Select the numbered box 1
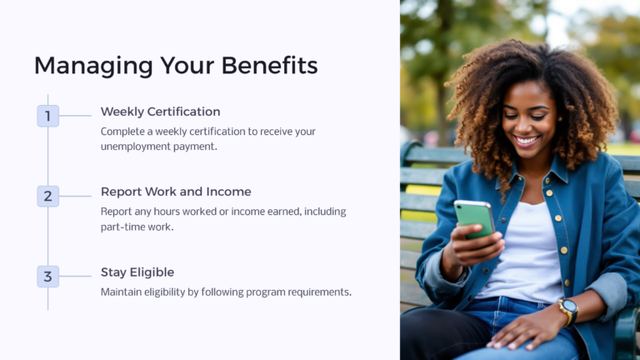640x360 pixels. [x=47, y=116]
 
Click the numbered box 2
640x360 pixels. [x=47, y=196]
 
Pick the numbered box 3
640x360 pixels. [x=47, y=276]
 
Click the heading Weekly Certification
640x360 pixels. [x=160, y=112]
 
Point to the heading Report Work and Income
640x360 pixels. [x=176, y=192]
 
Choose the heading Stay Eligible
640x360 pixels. [x=137, y=272]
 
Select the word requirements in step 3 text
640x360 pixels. [x=317, y=292]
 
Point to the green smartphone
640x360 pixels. [x=473, y=218]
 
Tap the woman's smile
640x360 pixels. [x=527, y=141]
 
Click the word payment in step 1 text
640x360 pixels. [x=200, y=147]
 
